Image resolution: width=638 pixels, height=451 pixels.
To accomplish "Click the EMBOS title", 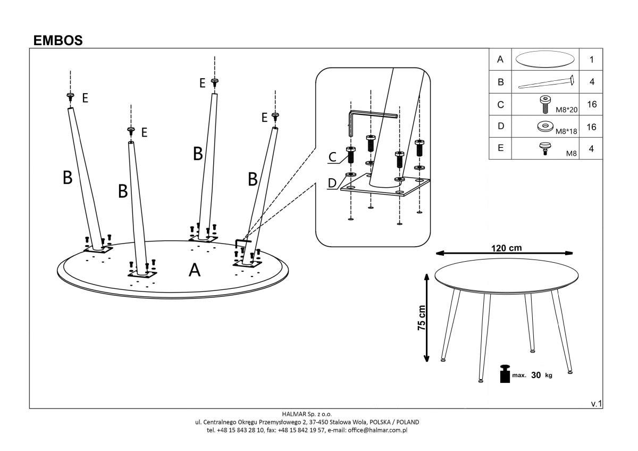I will click(x=58, y=40).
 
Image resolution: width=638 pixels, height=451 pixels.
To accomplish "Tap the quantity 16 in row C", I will click(x=591, y=104).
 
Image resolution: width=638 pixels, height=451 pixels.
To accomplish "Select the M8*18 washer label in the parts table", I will click(x=567, y=130).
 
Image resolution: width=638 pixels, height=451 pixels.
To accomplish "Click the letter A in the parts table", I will click(x=500, y=60).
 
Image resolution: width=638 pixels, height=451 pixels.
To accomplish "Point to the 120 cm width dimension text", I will click(x=506, y=248).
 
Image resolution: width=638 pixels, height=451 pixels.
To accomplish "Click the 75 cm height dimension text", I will click(x=422, y=318).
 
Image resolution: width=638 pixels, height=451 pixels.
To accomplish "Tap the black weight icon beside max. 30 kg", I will click(x=504, y=374).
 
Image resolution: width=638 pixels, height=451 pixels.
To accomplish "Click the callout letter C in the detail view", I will click(x=332, y=157).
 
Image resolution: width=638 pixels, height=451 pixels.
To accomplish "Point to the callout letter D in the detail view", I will click(x=332, y=183).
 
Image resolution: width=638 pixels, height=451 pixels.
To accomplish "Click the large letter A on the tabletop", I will click(x=195, y=271).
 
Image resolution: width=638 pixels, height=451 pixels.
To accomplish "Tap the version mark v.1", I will click(x=596, y=404).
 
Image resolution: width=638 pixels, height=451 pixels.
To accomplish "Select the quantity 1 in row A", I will click(x=591, y=60).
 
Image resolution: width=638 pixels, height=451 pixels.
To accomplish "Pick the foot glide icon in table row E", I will click(x=544, y=148).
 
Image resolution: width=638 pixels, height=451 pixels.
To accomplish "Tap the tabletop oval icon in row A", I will click(x=545, y=59).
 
